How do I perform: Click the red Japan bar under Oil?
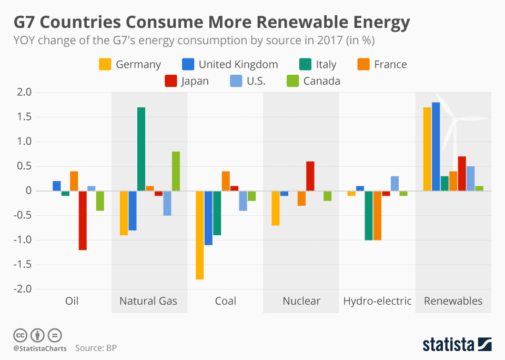click(x=83, y=220)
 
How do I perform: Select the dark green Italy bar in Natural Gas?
click(x=141, y=149)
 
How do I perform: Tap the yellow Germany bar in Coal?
click(x=200, y=235)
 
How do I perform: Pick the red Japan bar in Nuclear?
click(x=310, y=176)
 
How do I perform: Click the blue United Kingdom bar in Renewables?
click(x=436, y=146)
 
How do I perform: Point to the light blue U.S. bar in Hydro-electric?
click(x=395, y=183)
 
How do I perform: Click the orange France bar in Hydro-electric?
click(x=377, y=215)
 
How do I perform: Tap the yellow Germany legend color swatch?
click(x=105, y=64)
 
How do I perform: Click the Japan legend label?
click(x=194, y=81)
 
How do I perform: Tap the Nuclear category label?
click(x=301, y=301)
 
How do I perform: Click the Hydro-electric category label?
click(x=377, y=301)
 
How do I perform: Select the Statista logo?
click(x=457, y=344)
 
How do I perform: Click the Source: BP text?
click(x=96, y=348)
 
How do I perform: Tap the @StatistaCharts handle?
click(x=40, y=348)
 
